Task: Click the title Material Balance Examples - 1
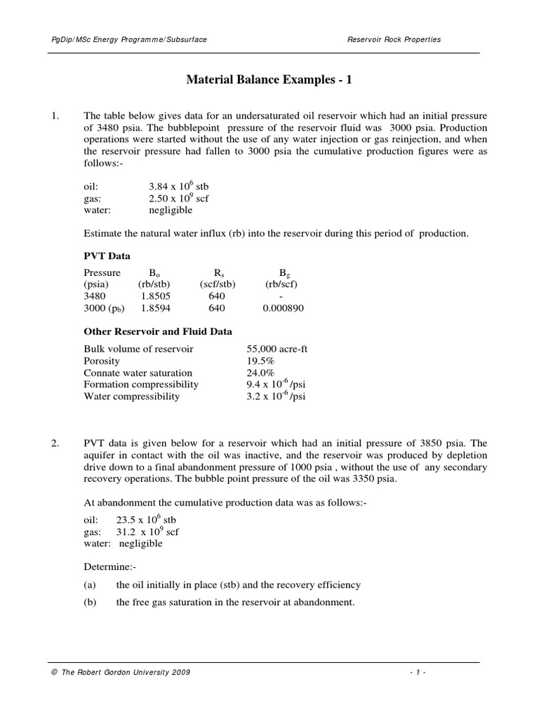269,80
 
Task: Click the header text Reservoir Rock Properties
394,40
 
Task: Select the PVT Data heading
107,256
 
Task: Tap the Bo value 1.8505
154,296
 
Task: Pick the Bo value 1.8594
154,308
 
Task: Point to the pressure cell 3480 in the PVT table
95,296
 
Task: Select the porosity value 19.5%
260,360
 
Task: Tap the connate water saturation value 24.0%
260,373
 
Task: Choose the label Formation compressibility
141,384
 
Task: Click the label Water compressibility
131,396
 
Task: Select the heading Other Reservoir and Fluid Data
158,331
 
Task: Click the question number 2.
55,444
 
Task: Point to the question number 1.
55,115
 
